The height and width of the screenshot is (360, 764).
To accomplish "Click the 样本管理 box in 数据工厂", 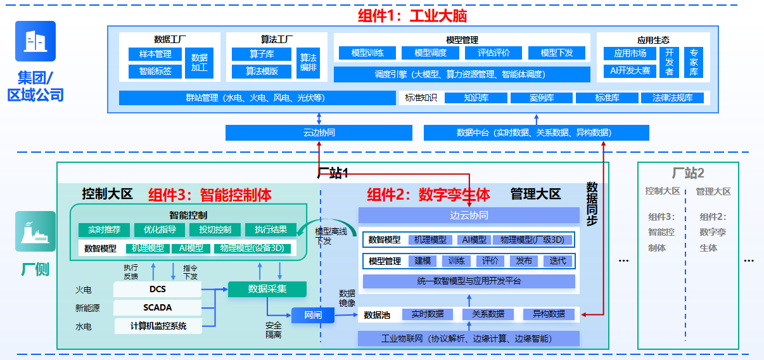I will click(155, 55).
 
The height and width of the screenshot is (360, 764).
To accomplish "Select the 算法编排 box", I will click(308, 62).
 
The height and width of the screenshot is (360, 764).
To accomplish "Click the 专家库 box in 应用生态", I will click(694, 62).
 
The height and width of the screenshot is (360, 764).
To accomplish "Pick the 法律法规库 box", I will click(672, 98).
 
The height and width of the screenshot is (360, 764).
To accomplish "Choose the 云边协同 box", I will click(319, 132).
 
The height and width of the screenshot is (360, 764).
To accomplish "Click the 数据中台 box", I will click(536, 132).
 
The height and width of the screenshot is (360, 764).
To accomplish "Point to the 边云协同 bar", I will click(469, 215).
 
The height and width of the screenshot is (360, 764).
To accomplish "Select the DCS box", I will click(157, 290).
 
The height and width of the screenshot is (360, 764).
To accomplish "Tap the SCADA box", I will click(157, 308).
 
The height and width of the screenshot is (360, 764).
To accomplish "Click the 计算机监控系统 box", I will click(158, 326).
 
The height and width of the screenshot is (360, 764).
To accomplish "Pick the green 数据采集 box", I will click(267, 289).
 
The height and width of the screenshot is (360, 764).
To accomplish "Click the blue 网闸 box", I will click(312, 315).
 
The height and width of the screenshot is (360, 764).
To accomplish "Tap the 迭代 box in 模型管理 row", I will click(557, 260).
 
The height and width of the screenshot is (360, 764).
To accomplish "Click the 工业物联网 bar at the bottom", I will click(469, 338).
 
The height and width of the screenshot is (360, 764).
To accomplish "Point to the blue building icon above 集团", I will click(35, 42).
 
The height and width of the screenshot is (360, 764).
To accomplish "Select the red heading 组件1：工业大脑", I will click(412, 15).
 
